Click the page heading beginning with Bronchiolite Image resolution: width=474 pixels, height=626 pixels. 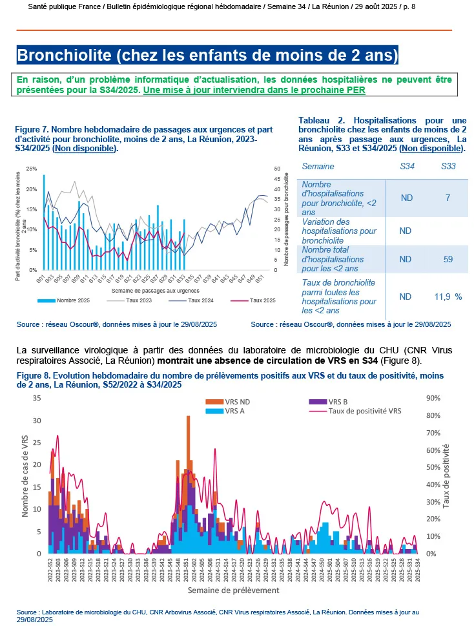[x=207, y=55]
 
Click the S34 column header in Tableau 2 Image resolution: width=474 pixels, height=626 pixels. [x=407, y=167]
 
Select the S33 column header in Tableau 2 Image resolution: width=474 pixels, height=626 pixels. [x=448, y=167]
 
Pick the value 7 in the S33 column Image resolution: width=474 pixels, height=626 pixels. [x=448, y=198]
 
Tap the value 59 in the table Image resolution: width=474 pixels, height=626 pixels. [x=448, y=259]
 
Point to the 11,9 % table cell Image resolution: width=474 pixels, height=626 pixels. [x=448, y=296]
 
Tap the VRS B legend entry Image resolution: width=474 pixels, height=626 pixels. [x=340, y=401]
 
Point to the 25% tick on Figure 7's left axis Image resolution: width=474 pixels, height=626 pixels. [x=30, y=169]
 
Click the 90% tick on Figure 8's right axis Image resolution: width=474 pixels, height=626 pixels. [x=433, y=398]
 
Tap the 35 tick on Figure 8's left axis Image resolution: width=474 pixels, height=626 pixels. [x=37, y=398]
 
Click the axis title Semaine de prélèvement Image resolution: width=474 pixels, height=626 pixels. [x=233, y=590]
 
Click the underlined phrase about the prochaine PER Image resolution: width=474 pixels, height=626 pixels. [x=254, y=90]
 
